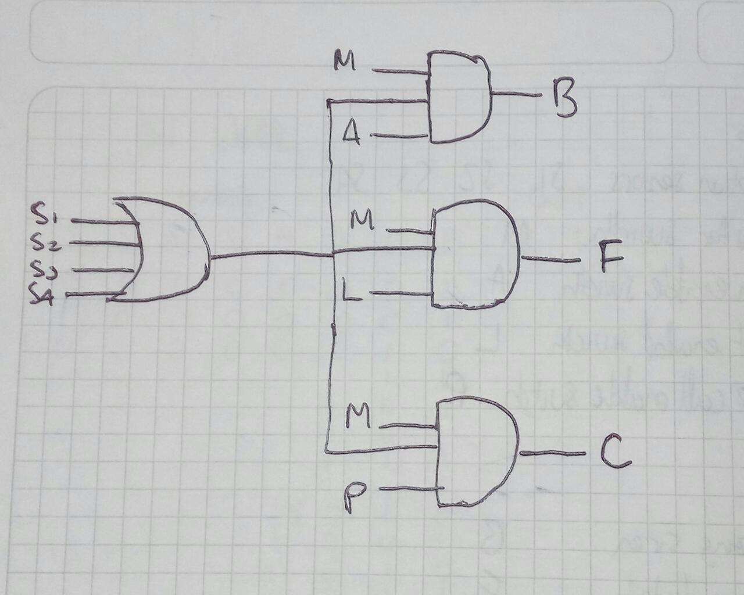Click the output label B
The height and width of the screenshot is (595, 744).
[x=563, y=99]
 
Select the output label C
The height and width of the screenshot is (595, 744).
[x=615, y=454]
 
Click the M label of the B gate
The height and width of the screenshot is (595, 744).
[x=345, y=60]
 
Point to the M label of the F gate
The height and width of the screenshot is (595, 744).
[x=363, y=220]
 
